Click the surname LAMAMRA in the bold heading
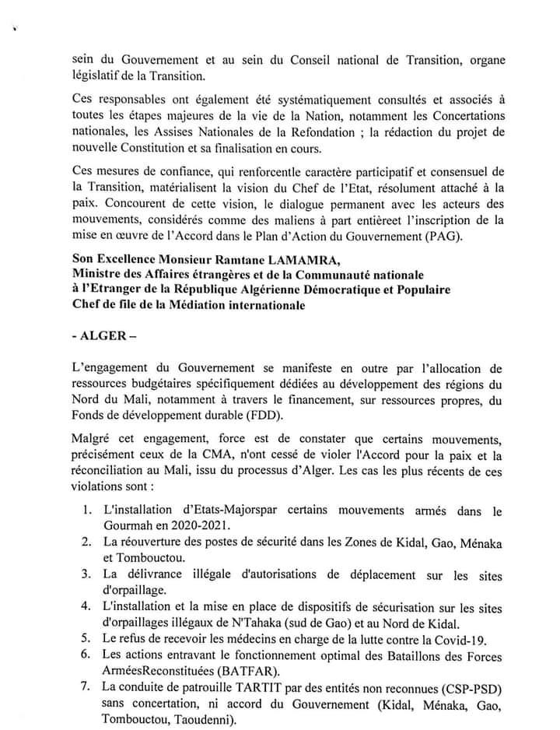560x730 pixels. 273,259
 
